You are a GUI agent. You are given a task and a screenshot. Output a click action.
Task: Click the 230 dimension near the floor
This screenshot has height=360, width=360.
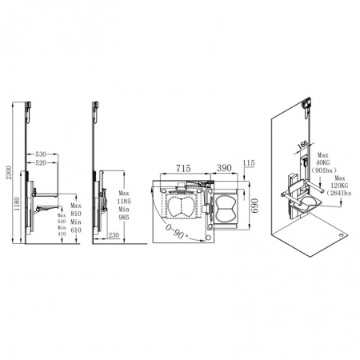(114, 234)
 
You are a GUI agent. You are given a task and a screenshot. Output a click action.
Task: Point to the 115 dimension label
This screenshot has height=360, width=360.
(249, 162)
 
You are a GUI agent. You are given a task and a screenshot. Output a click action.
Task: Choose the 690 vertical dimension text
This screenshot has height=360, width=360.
(257, 206)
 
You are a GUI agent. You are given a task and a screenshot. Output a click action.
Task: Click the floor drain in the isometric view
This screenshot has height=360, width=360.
(342, 236)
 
